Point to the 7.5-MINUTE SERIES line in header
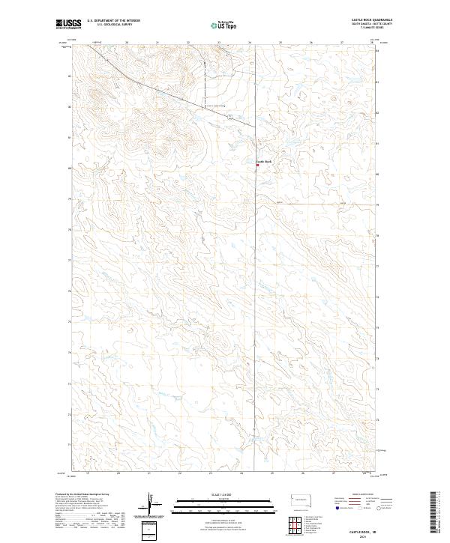pos(373,28)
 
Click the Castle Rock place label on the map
pos(263,161)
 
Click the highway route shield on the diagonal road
pos(231,117)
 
